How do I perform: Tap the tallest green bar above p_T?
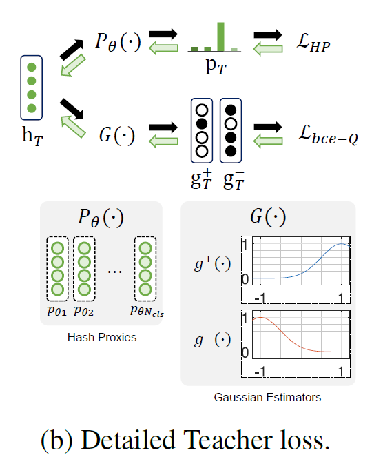click(x=220, y=37)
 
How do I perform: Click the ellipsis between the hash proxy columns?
click(x=115, y=270)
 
